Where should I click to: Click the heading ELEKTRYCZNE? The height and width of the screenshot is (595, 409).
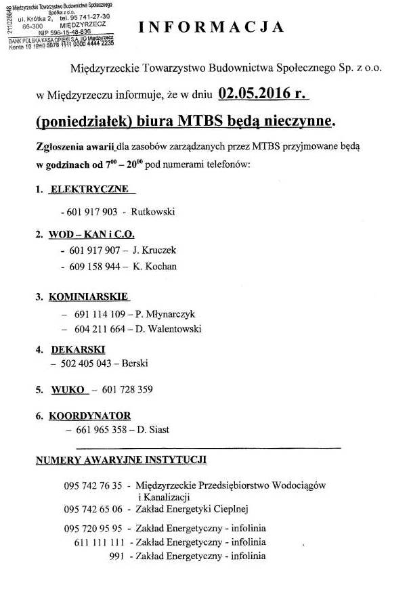pyautogui.click(x=89, y=189)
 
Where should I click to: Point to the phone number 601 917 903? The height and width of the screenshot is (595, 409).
pyautogui.click(x=93, y=212)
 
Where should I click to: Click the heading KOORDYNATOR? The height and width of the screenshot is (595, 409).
pyautogui.click(x=90, y=416)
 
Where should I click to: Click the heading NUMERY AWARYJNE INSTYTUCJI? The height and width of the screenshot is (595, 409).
pyautogui.click(x=121, y=460)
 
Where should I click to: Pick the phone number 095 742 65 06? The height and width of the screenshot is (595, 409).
pyautogui.click(x=93, y=509)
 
